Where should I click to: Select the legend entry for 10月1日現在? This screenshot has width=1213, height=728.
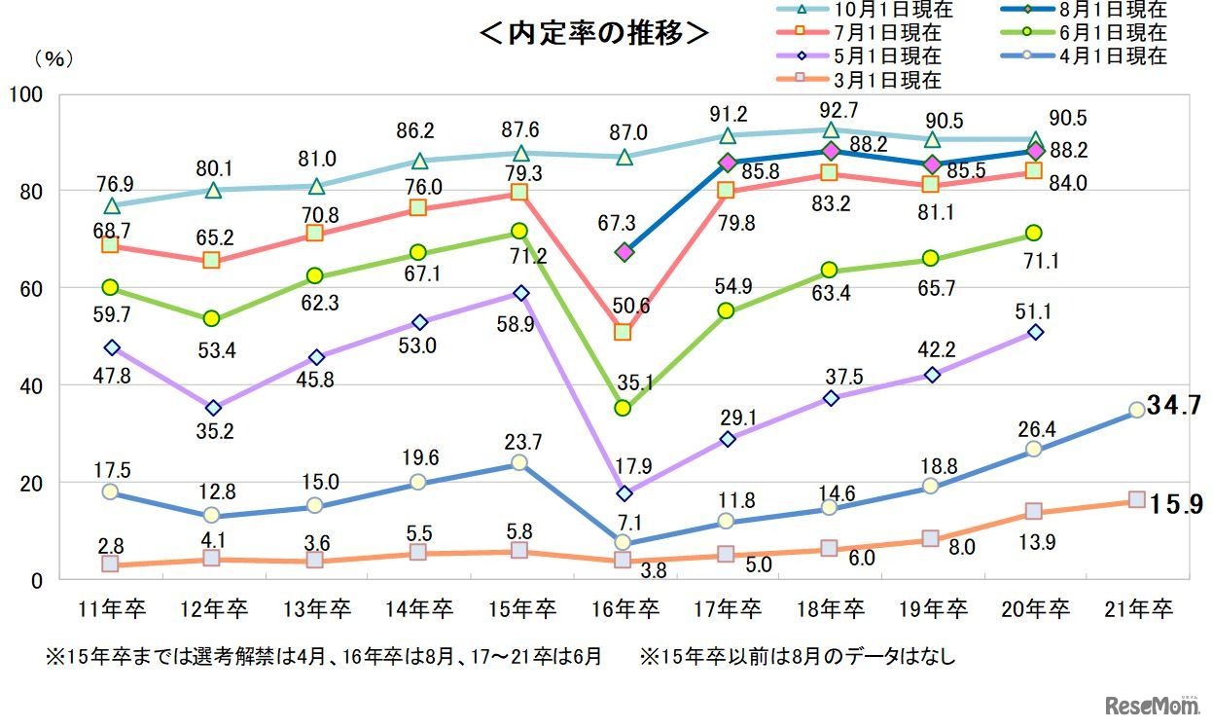[867, 11]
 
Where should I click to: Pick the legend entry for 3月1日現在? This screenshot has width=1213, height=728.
[867, 80]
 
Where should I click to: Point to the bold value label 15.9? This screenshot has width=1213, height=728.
[1174, 505]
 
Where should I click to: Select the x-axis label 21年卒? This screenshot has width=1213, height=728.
[1139, 610]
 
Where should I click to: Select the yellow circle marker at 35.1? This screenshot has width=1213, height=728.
[623, 408]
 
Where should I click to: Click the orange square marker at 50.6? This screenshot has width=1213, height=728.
[623, 332]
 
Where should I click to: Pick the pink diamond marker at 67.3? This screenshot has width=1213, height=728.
[624, 252]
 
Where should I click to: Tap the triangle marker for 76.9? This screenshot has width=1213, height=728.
[111, 205]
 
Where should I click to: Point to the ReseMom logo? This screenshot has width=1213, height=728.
[1151, 703]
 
